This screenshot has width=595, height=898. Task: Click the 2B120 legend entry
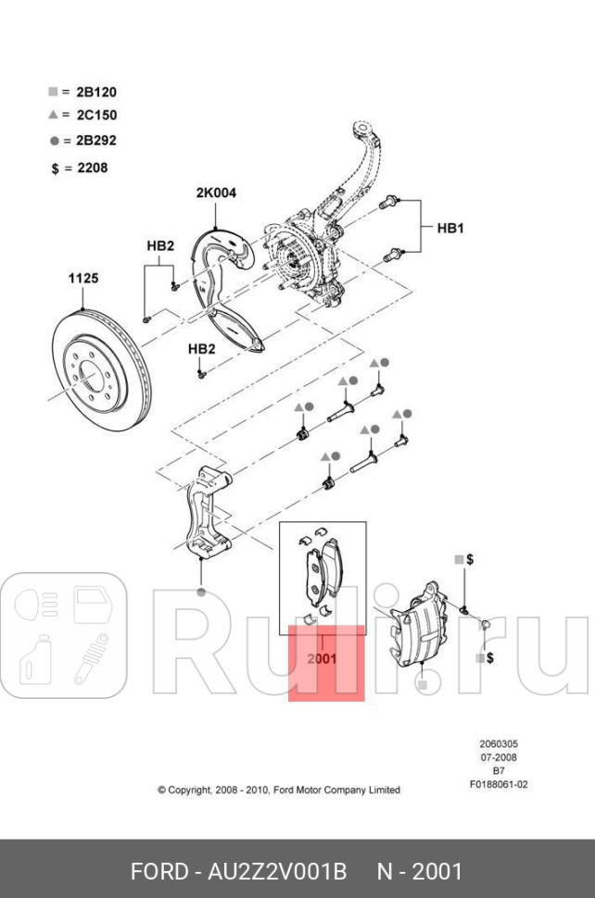point(95,92)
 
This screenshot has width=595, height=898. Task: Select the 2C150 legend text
point(95,116)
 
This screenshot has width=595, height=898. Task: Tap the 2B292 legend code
point(95,141)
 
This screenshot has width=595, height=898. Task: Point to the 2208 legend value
point(92,168)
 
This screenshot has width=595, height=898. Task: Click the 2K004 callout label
point(215,193)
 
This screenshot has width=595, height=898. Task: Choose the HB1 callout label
point(449,227)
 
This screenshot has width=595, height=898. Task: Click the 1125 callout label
point(82,278)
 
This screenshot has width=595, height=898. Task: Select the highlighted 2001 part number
point(322,660)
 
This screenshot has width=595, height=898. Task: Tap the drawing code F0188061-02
point(498,784)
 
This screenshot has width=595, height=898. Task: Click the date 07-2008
point(498,757)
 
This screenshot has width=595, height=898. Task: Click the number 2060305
point(498,744)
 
